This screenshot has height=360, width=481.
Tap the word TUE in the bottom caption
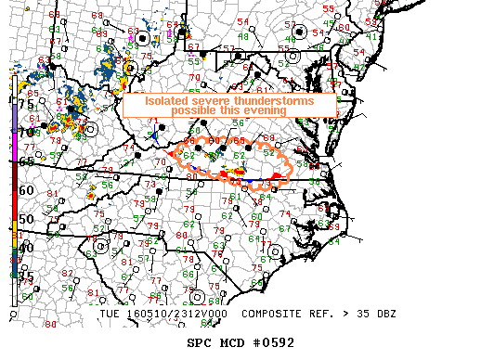pyautogui.click(x=109, y=314)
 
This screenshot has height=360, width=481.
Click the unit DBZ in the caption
pyautogui.click(x=385, y=314)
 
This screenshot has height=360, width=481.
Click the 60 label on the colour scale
pyautogui.click(x=27, y=190)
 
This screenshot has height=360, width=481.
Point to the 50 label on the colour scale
pyautogui.click(x=27, y=219)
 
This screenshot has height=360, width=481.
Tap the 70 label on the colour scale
pyautogui.click(x=27, y=133)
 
